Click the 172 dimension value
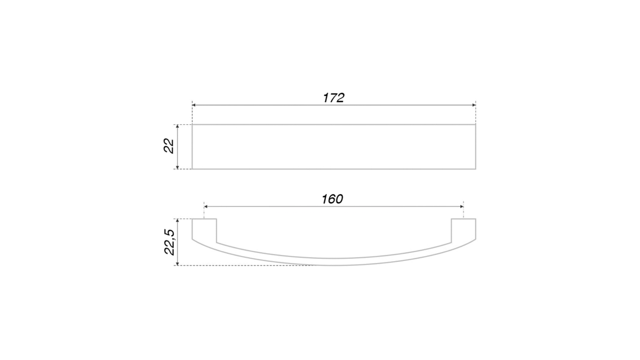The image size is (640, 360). (333, 98)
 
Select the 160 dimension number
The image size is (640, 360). (332, 199)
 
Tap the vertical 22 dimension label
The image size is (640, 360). (169, 146)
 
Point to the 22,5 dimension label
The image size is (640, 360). (170, 242)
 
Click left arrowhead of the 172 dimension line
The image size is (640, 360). (194, 105)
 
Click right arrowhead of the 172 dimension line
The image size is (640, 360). (474, 105)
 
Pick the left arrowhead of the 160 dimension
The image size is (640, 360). (206, 206)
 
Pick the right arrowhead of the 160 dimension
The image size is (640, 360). (462, 206)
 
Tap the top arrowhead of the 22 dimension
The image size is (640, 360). (178, 126)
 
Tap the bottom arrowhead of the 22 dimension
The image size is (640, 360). (178, 167)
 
